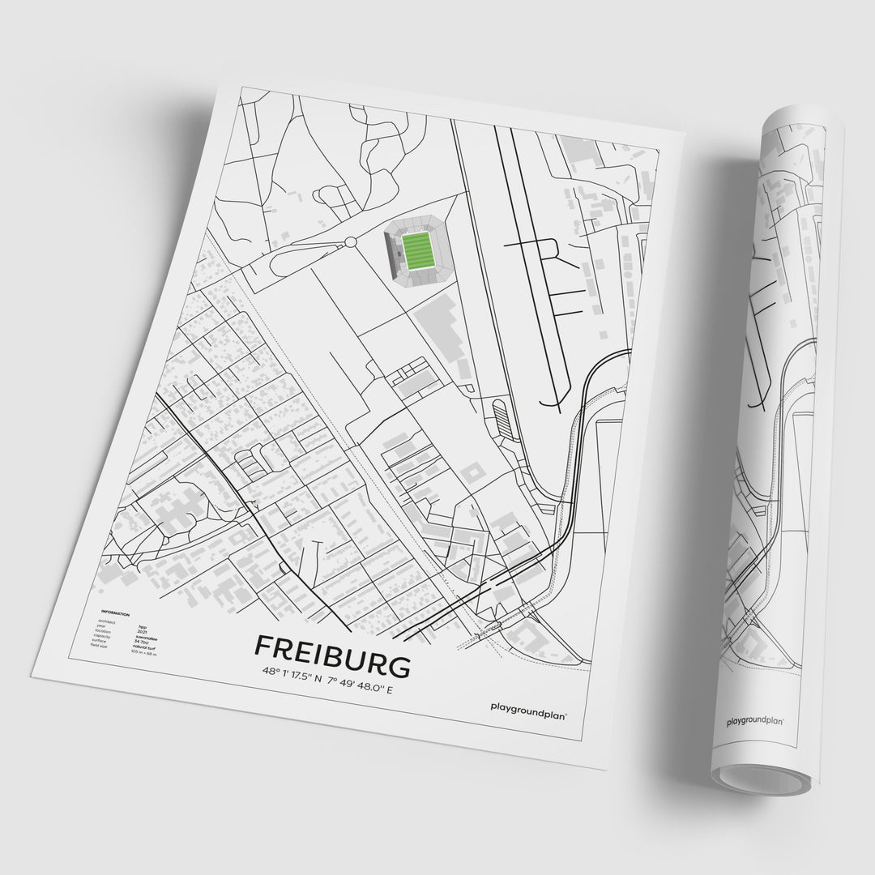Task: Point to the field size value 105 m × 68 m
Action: (x=145, y=651)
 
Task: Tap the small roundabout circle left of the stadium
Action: (x=350, y=241)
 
